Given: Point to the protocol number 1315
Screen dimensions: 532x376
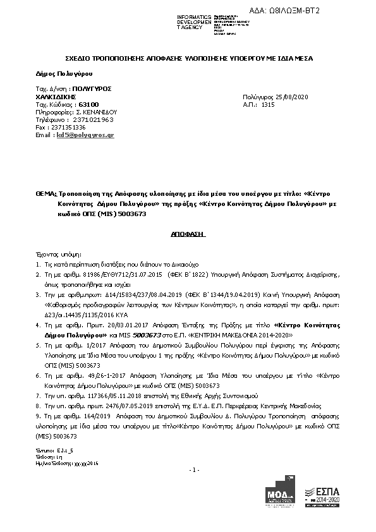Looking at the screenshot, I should coord(268,104).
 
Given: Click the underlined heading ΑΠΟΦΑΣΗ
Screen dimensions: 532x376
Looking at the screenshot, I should coord(189,233).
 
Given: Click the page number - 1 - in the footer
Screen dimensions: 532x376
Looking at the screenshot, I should coord(194,469).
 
